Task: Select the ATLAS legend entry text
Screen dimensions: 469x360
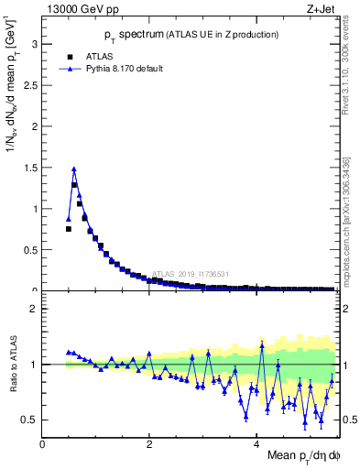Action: pyautogui.click(x=98, y=56)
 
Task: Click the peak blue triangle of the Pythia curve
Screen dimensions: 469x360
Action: pyautogui.click(x=74, y=169)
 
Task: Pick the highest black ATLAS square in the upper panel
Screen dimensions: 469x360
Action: pyautogui.click(x=74, y=185)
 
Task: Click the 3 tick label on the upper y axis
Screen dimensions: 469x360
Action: pyautogui.click(x=34, y=43)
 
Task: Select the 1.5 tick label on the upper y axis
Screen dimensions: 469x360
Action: pyautogui.click(x=29, y=167)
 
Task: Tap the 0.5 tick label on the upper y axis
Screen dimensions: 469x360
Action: pyautogui.click(x=29, y=249)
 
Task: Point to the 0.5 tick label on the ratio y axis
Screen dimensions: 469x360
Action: pyautogui.click(x=29, y=420)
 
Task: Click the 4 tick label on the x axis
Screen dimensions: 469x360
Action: pyautogui.click(x=256, y=443)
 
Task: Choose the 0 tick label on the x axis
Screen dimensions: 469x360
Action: pyautogui.click(x=42, y=443)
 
